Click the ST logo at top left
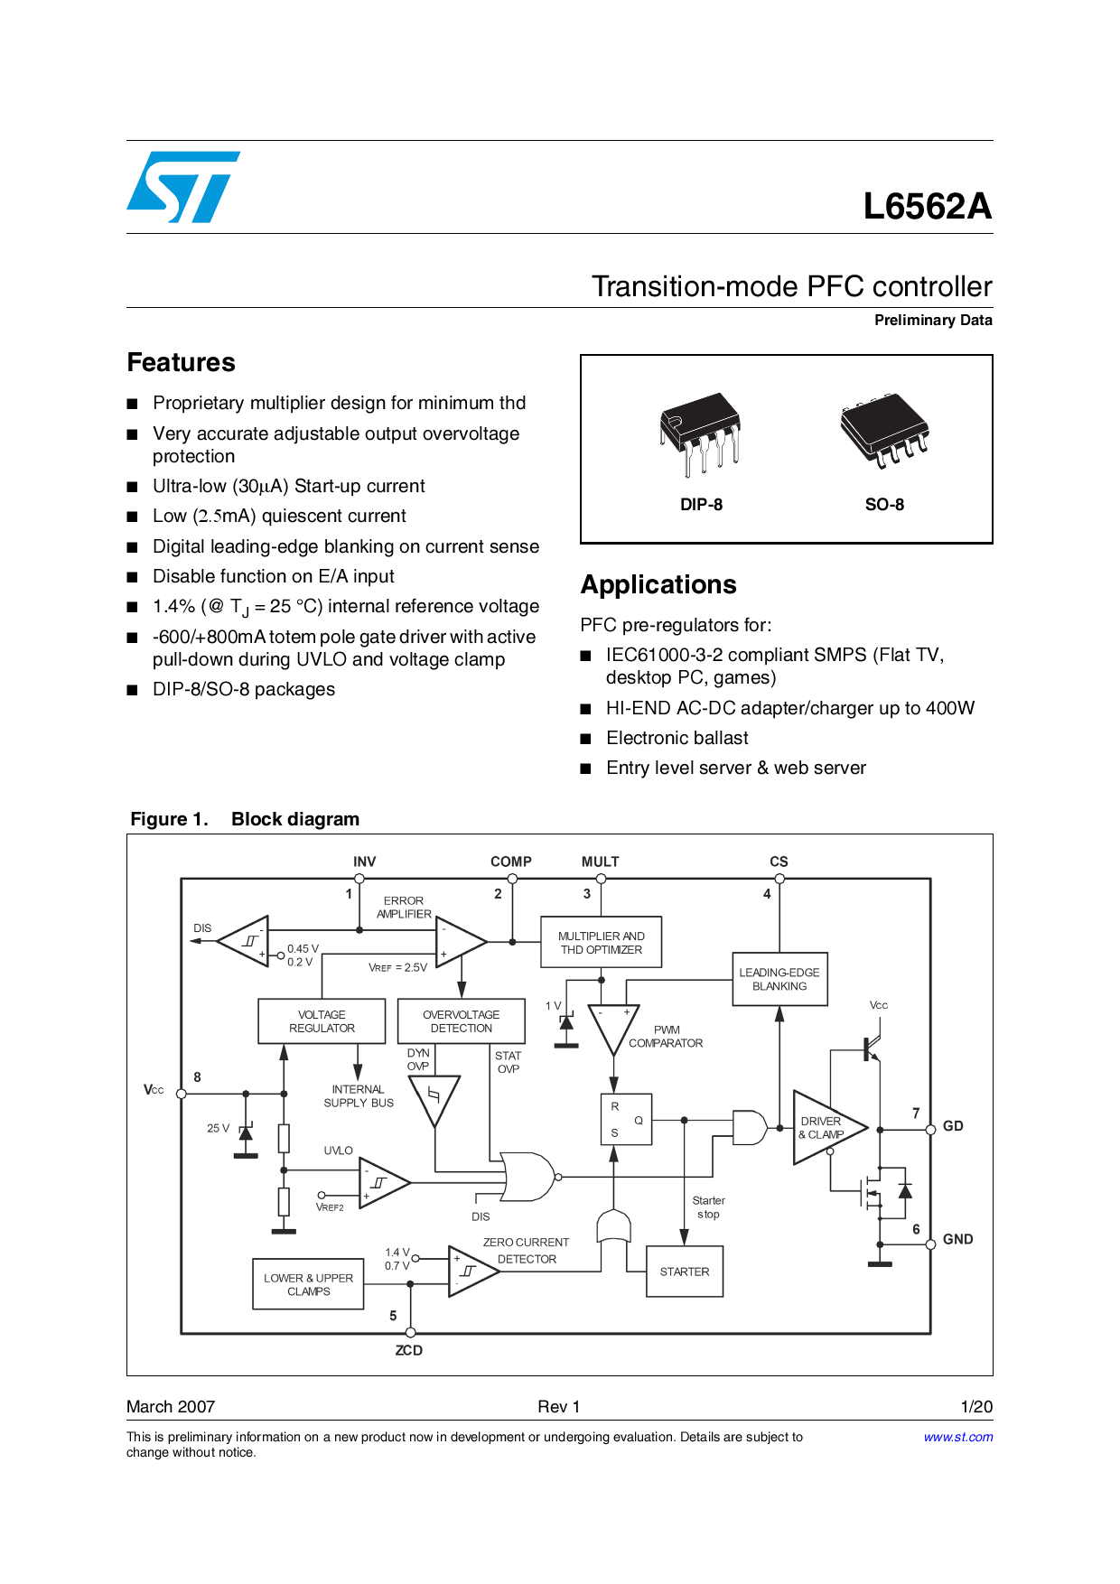coord(183,187)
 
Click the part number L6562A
coord(927,207)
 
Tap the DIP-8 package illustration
coord(701,433)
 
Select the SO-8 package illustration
coord(884,429)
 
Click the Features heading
coord(181,363)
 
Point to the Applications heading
coord(658,585)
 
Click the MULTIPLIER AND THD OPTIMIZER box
coord(601,943)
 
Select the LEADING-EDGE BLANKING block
coord(779,980)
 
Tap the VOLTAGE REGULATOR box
coord(322,1021)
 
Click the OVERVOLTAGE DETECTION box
coord(461,1021)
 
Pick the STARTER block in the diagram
coord(685,1272)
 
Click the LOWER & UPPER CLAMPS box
coord(308,1285)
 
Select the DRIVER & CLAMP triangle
coord(824,1128)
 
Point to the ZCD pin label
coord(408,1351)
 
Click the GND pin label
coord(957,1240)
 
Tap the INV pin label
coord(364,862)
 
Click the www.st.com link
coord(957,1437)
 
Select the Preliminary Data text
coord(932,321)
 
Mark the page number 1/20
coord(976,1407)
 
